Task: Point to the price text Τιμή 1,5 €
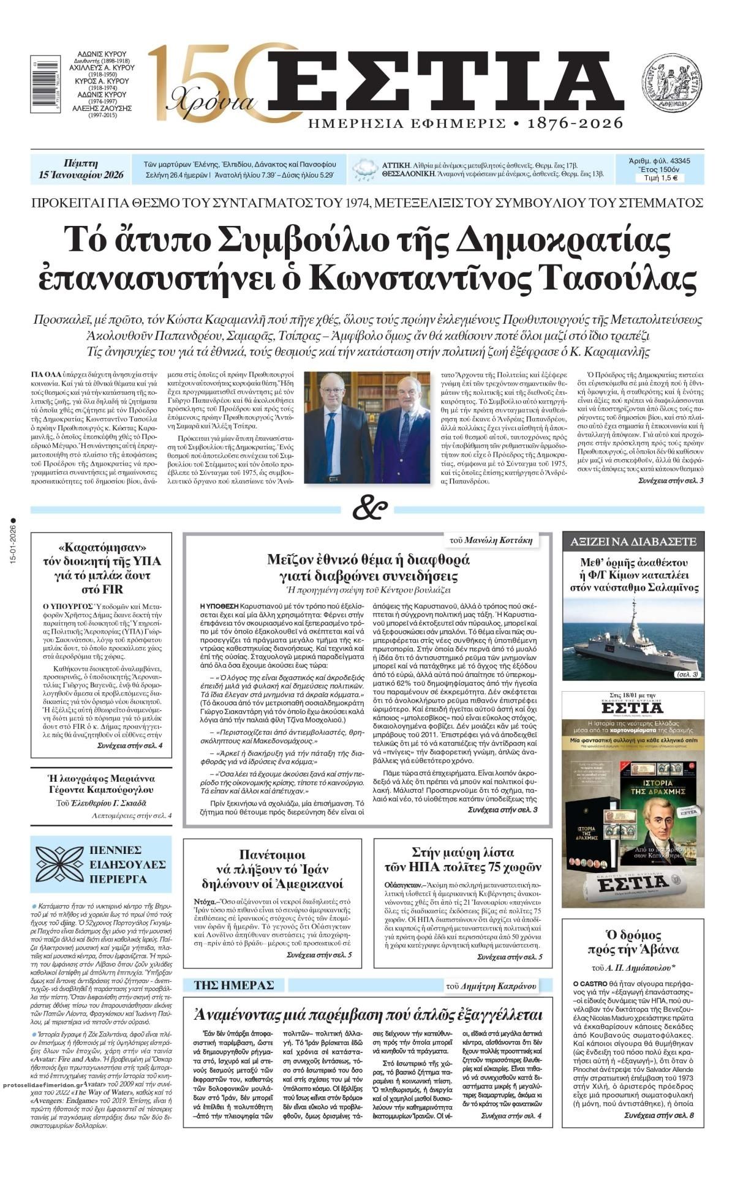point(660,178)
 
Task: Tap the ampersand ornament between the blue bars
point(371,507)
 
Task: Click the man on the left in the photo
point(334,429)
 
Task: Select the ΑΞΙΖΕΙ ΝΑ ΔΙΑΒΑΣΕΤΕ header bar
point(633,541)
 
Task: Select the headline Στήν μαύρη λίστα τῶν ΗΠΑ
point(462,859)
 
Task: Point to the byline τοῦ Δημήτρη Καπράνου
point(491,986)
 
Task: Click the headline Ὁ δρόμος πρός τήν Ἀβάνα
point(633,943)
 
